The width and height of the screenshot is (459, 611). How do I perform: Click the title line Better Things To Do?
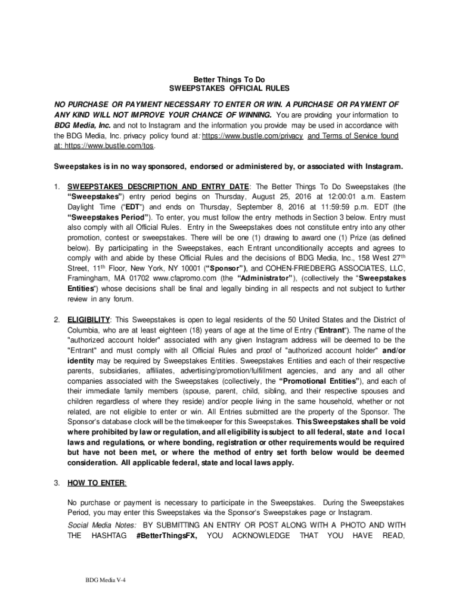[229, 79]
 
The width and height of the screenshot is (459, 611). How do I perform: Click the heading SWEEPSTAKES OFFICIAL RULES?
[229, 90]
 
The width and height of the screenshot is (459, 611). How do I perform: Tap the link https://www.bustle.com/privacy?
[253, 136]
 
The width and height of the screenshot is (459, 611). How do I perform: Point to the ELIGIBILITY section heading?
[88, 320]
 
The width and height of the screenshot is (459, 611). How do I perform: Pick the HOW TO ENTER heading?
[97, 482]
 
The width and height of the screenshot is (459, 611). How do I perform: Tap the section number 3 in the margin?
[57, 482]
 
